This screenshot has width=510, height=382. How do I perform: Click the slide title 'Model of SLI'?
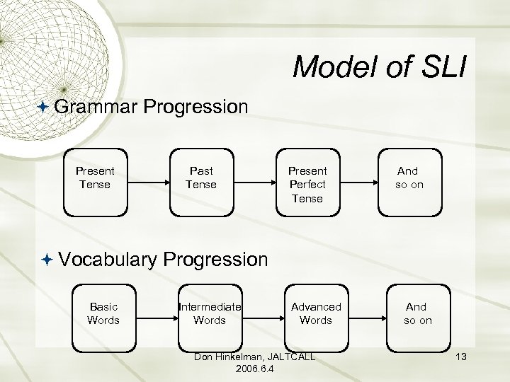[x=379, y=67]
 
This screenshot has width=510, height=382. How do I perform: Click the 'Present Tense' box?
[x=95, y=181]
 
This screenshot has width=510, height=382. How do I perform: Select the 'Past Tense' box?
[x=200, y=181]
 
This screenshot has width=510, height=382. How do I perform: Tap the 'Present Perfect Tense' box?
[x=307, y=181]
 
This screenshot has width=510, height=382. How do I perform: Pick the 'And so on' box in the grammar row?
[x=407, y=181]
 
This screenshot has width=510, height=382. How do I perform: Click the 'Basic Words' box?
[x=103, y=315]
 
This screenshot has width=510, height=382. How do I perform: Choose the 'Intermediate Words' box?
[x=210, y=315]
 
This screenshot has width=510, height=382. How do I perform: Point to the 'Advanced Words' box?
[x=316, y=315]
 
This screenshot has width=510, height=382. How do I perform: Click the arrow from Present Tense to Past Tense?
[x=147, y=182]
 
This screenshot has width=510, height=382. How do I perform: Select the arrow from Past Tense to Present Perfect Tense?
[x=254, y=182]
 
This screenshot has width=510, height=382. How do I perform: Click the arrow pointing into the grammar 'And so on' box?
[x=359, y=182]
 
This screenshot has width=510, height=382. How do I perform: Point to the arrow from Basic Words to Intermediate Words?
[x=156, y=316]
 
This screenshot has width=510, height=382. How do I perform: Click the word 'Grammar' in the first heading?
[x=95, y=107]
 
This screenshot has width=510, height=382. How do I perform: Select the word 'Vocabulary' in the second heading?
[x=108, y=260]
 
